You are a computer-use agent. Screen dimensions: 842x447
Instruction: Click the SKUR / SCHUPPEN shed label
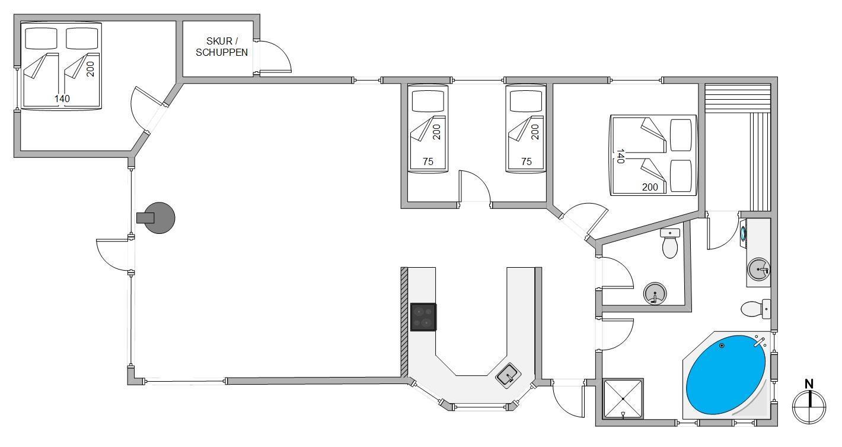coord(222,47)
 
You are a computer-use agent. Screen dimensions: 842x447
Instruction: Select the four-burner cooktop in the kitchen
coord(423,317)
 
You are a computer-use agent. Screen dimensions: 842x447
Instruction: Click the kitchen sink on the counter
coord(508,375)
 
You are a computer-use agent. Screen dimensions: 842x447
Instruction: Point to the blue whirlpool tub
coord(726,375)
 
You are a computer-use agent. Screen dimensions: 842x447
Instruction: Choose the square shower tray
coord(623,398)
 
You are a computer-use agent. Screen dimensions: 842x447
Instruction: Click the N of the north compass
coord(809,384)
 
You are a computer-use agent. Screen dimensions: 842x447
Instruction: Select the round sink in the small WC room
coord(655,293)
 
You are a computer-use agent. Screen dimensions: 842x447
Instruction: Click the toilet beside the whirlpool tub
coord(755,309)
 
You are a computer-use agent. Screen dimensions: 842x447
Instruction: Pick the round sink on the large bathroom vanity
coord(758,270)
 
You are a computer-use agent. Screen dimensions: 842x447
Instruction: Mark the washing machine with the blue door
coord(743,233)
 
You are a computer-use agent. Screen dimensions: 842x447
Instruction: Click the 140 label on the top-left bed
coord(62,99)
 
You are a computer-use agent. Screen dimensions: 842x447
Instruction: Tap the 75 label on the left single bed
coord(428,161)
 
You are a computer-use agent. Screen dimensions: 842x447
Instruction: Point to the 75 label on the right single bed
coord(527,161)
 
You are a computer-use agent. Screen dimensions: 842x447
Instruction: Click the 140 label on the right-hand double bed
coord(620,156)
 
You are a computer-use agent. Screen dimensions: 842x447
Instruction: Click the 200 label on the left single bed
coord(436,132)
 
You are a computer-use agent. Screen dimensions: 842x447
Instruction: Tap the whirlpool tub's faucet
coord(760,342)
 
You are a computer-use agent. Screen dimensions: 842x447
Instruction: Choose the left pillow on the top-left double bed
coord(42,38)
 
